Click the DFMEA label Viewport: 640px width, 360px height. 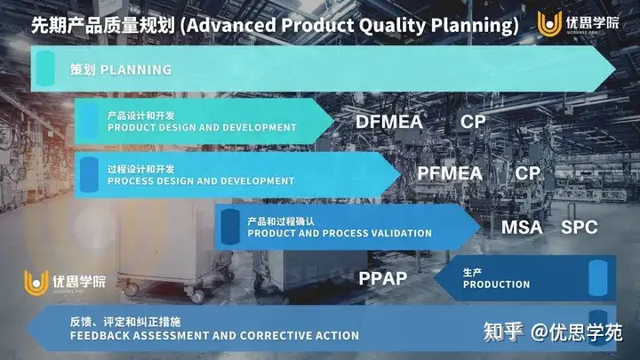[389, 122]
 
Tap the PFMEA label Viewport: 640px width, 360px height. [450, 173]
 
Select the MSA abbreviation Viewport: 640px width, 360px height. [522, 228]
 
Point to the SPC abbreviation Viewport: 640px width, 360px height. [580, 228]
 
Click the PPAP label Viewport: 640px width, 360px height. [383, 278]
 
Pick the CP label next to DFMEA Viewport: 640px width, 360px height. [473, 122]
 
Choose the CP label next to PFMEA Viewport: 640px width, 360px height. [527, 173]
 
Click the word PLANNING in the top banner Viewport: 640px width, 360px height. [136, 70]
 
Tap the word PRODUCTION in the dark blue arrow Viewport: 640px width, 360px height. [496, 284]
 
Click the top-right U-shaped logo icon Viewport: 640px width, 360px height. [549, 23]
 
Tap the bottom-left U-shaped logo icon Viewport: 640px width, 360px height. [36, 283]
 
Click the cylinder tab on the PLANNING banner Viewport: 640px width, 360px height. [45, 68]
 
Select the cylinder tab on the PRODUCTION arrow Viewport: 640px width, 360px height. [598, 278]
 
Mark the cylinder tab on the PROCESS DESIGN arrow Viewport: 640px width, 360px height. [89, 175]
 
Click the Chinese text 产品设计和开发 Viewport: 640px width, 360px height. [140, 116]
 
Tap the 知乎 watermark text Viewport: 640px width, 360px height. [503, 332]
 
